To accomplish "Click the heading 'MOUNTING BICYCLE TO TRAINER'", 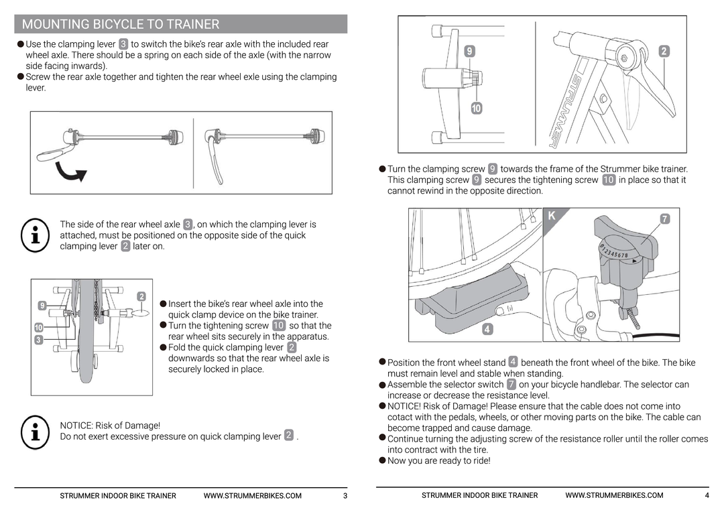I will (x=121, y=25).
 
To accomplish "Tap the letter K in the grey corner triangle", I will (x=552, y=216).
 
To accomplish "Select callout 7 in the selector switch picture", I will (x=664, y=218).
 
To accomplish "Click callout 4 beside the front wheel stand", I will (x=487, y=329).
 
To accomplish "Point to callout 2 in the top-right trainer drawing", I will (x=664, y=51).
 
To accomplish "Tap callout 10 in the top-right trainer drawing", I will (x=475, y=108).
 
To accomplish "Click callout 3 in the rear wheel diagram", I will (x=39, y=340).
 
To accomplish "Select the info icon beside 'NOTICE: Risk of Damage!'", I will (x=34, y=432).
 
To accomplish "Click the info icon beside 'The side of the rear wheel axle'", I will (x=34, y=235).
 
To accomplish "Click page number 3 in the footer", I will (x=345, y=496).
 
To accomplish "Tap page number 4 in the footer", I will (x=707, y=496).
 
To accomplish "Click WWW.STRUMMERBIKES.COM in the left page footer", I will (x=252, y=496).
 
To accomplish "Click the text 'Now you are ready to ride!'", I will (x=438, y=460).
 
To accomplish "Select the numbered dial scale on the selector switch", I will (x=615, y=253).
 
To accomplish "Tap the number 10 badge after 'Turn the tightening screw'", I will (x=279, y=326).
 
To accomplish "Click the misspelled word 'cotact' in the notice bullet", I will (x=400, y=417).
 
